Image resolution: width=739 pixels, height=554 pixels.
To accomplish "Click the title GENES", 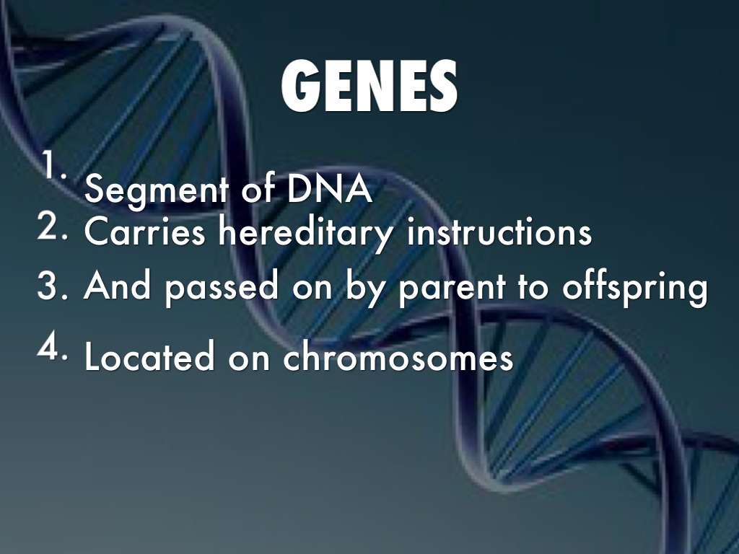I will click(368, 88).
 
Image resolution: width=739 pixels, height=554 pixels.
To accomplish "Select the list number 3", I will click(52, 287).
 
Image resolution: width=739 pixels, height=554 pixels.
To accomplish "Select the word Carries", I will click(144, 232).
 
